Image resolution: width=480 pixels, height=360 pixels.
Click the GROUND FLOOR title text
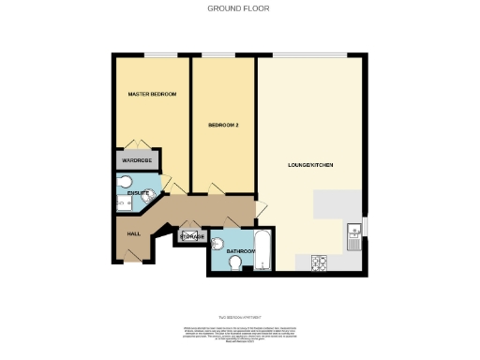[x=239, y=7]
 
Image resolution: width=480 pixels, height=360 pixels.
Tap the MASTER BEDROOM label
[x=152, y=95]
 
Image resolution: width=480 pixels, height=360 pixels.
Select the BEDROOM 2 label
[x=223, y=125]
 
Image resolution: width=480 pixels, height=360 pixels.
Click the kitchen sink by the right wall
[x=353, y=232]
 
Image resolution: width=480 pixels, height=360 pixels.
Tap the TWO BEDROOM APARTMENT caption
[x=239, y=315]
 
